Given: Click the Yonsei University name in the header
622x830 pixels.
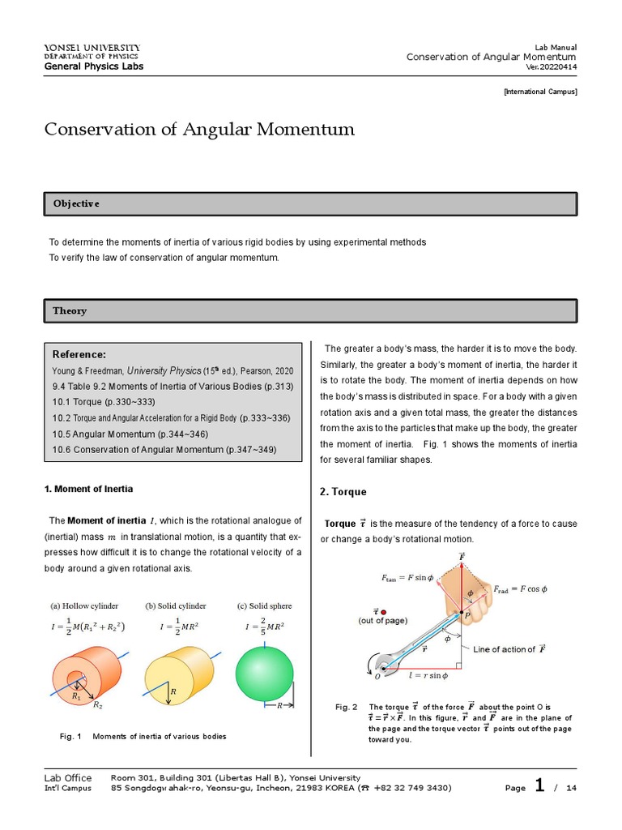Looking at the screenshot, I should pos(92,48).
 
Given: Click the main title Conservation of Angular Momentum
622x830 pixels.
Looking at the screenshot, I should pos(199,130).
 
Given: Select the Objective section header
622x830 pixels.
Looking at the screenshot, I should pos(76,203).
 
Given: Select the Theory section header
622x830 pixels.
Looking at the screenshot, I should pos(70,310).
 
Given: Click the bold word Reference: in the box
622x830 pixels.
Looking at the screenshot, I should pos(79,355).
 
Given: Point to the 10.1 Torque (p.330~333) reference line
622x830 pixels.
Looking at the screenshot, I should pos(103,402).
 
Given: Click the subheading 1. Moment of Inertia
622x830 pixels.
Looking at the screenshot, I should pos(87,489).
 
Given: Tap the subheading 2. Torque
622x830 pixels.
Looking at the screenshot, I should pos(343,492).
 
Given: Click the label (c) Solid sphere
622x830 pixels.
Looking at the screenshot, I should pos(264,605).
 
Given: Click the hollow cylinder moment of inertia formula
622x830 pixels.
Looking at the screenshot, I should pos(88,627).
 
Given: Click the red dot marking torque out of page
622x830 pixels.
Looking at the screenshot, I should pos(384,612).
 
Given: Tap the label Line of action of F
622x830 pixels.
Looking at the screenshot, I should pos(509,649).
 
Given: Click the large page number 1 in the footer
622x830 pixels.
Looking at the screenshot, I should pos(539,785).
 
